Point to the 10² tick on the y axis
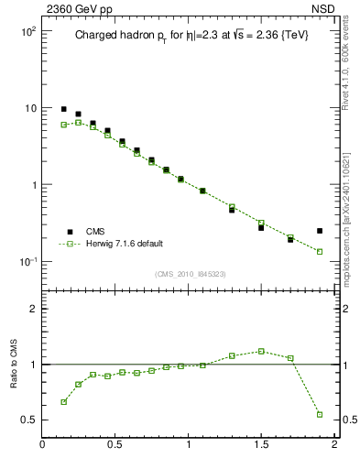pyautogui.click(x=27, y=31)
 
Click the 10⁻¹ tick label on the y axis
pyautogui.click(x=27, y=262)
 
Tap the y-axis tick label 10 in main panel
pyautogui.click(x=29, y=108)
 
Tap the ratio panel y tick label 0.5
pyautogui.click(x=29, y=420)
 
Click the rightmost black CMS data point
pyautogui.click(x=320, y=231)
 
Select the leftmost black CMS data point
pyautogui.click(x=63, y=109)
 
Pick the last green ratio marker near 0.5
pyautogui.click(x=320, y=414)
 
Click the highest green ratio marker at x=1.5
pyautogui.click(x=261, y=351)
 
